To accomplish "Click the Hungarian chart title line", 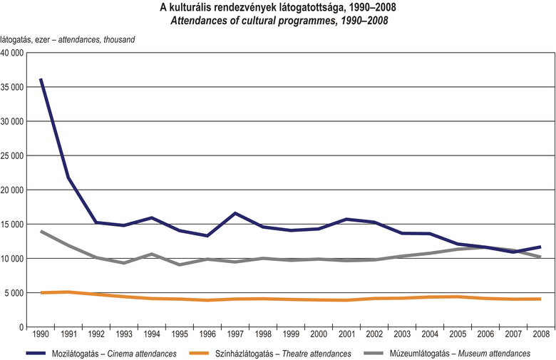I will [x=278, y=7].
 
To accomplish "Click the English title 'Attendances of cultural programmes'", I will [x=278, y=20].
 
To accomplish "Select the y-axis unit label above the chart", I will [x=68, y=38].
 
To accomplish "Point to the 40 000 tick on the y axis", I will [x=13, y=53].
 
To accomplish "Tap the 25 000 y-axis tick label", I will [x=13, y=155].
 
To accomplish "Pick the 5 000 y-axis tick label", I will [x=16, y=293].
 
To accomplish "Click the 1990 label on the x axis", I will [x=41, y=334].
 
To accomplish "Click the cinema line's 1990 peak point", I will [x=41, y=79].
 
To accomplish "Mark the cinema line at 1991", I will [x=69, y=178].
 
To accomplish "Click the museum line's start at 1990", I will [x=41, y=232].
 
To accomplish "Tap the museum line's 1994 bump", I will [x=152, y=254].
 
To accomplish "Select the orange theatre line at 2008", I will [x=540, y=299].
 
